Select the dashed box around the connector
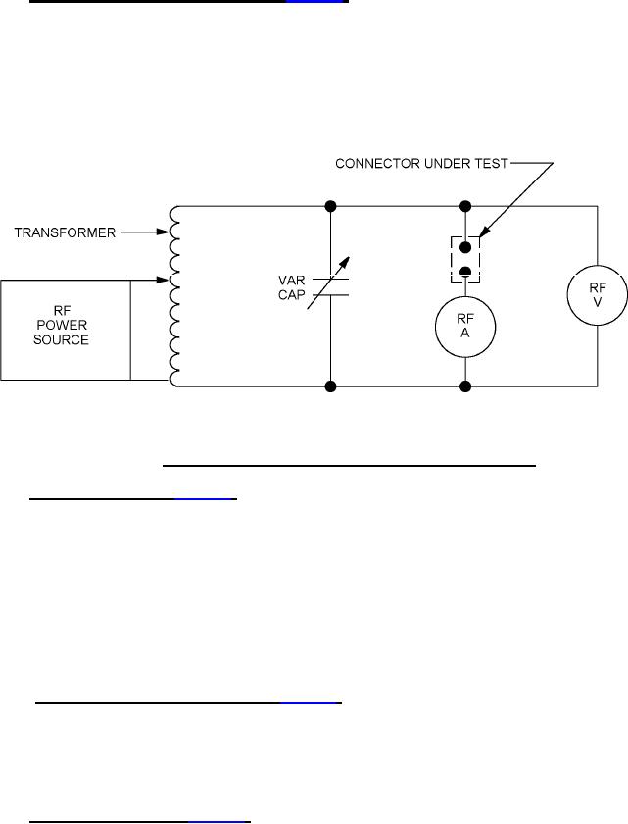point(465,257)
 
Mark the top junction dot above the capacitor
point(330,207)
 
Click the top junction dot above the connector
point(465,207)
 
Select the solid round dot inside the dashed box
point(465,246)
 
